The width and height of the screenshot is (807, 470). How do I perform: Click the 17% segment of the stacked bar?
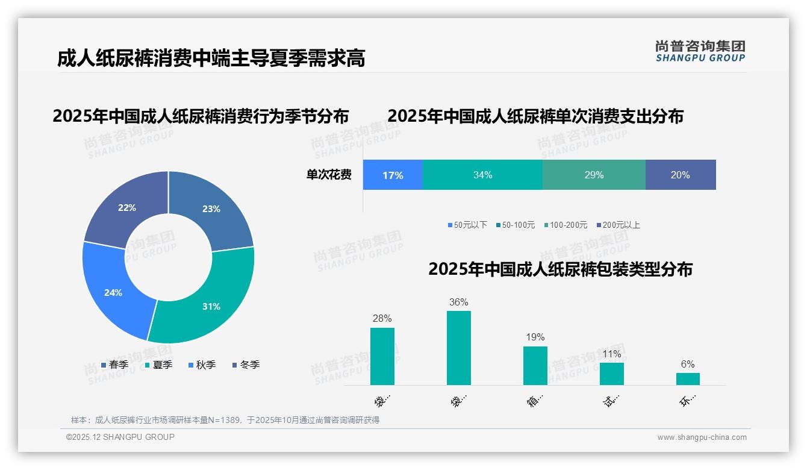coord(393,175)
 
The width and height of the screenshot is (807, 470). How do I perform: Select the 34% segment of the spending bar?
coord(482,175)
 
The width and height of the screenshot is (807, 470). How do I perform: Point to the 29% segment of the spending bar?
coord(594,175)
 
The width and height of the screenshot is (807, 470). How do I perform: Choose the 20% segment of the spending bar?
coord(681,175)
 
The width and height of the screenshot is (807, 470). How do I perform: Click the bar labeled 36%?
coord(459,348)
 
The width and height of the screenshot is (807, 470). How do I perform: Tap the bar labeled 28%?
coord(382,356)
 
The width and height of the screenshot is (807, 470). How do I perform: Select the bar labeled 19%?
coord(535,365)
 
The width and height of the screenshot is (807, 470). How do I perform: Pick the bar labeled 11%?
coord(612,374)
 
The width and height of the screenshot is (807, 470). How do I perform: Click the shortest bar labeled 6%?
coord(688,378)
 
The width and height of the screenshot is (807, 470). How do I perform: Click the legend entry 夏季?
coord(159,365)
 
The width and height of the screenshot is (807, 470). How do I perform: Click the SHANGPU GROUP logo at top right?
coord(700,51)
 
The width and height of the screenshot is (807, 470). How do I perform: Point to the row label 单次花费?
coord(329,175)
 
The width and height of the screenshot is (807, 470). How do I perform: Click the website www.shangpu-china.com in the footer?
coord(702,437)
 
